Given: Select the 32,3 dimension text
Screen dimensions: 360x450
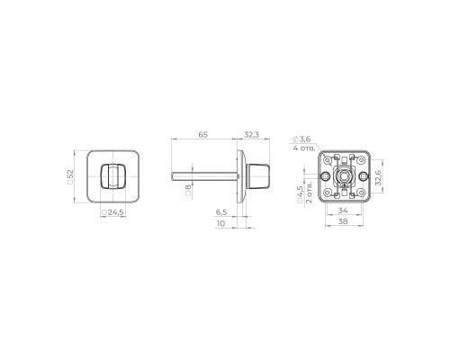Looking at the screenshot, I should pyautogui.click(x=251, y=133).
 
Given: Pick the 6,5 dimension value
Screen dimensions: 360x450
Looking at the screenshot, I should pyautogui.click(x=221, y=212).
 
